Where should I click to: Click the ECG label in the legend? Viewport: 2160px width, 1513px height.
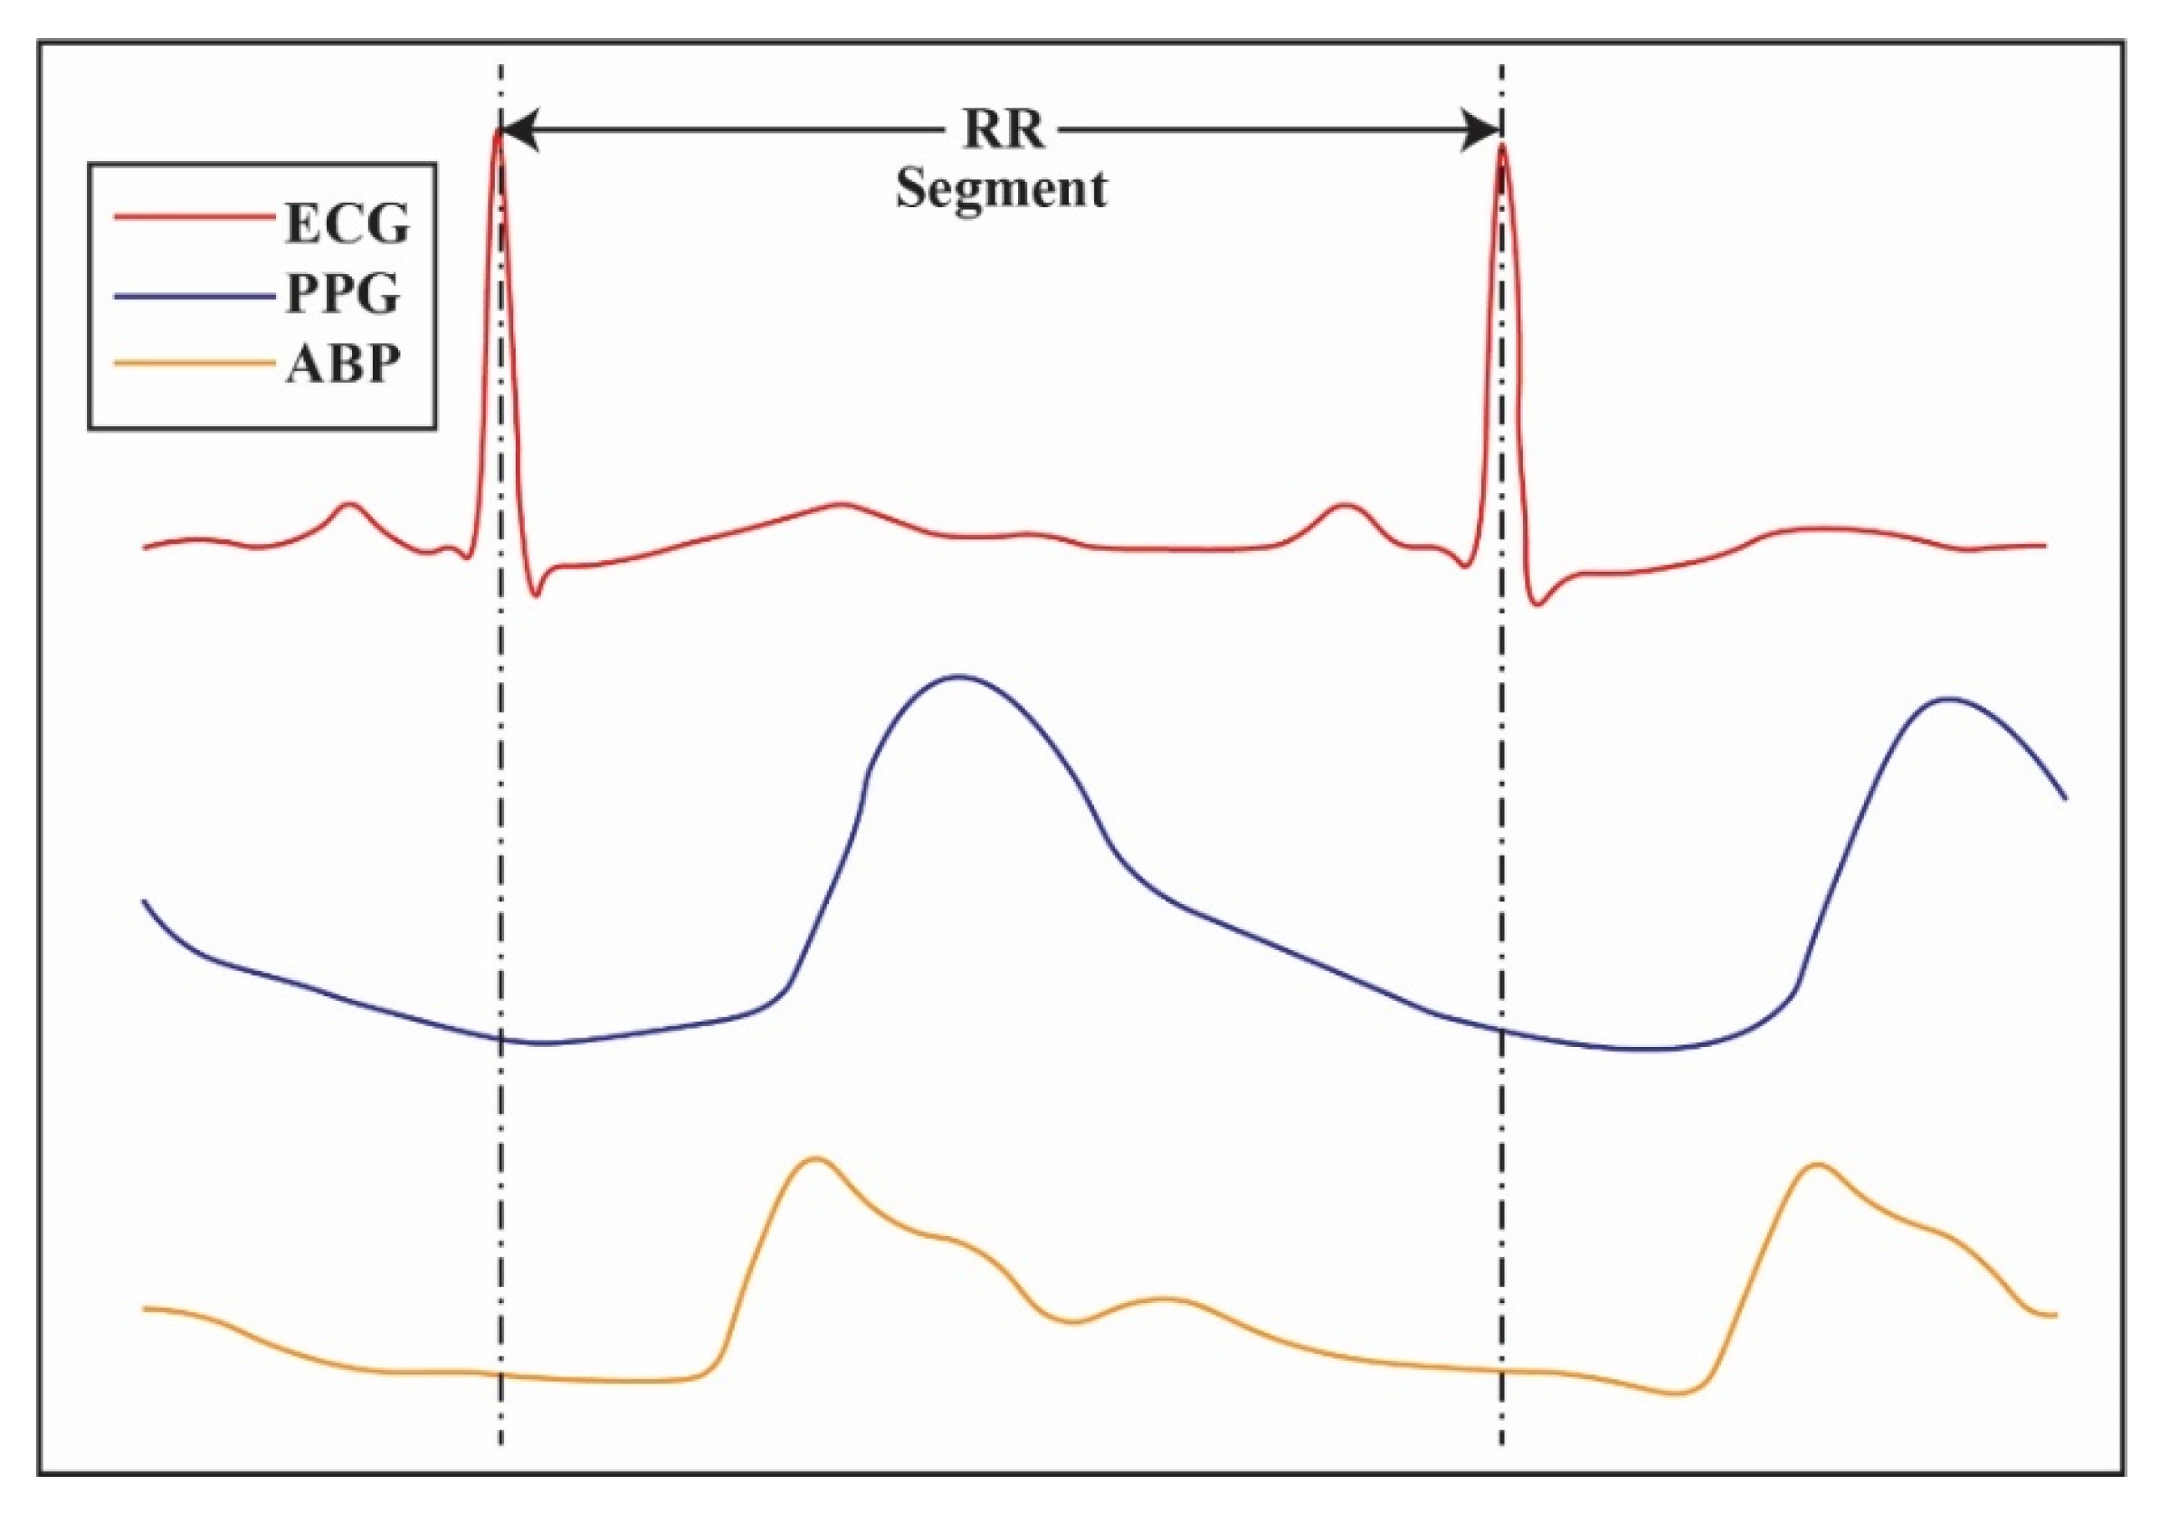pyautogui.click(x=347, y=224)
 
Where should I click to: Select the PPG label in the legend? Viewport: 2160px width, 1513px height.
pyautogui.click(x=343, y=293)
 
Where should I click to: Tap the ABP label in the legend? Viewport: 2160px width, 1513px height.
pyautogui.click(x=343, y=363)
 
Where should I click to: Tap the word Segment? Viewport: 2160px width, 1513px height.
pyautogui.click(x=1001, y=188)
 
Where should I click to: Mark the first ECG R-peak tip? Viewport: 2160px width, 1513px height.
pyautogui.click(x=499, y=132)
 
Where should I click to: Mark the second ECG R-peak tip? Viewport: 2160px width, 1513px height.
pyautogui.click(x=1502, y=147)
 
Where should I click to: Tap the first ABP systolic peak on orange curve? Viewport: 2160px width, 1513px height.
pyautogui.click(x=816, y=1158)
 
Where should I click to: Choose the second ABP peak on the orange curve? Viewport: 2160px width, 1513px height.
pyautogui.click(x=1819, y=1166)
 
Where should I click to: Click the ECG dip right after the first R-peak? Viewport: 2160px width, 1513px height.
pyautogui.click(x=537, y=595)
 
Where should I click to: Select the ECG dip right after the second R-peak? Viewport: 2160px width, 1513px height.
pyautogui.click(x=1538, y=604)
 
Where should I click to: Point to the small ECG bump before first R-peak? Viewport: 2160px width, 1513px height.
pyautogui.click(x=350, y=504)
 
